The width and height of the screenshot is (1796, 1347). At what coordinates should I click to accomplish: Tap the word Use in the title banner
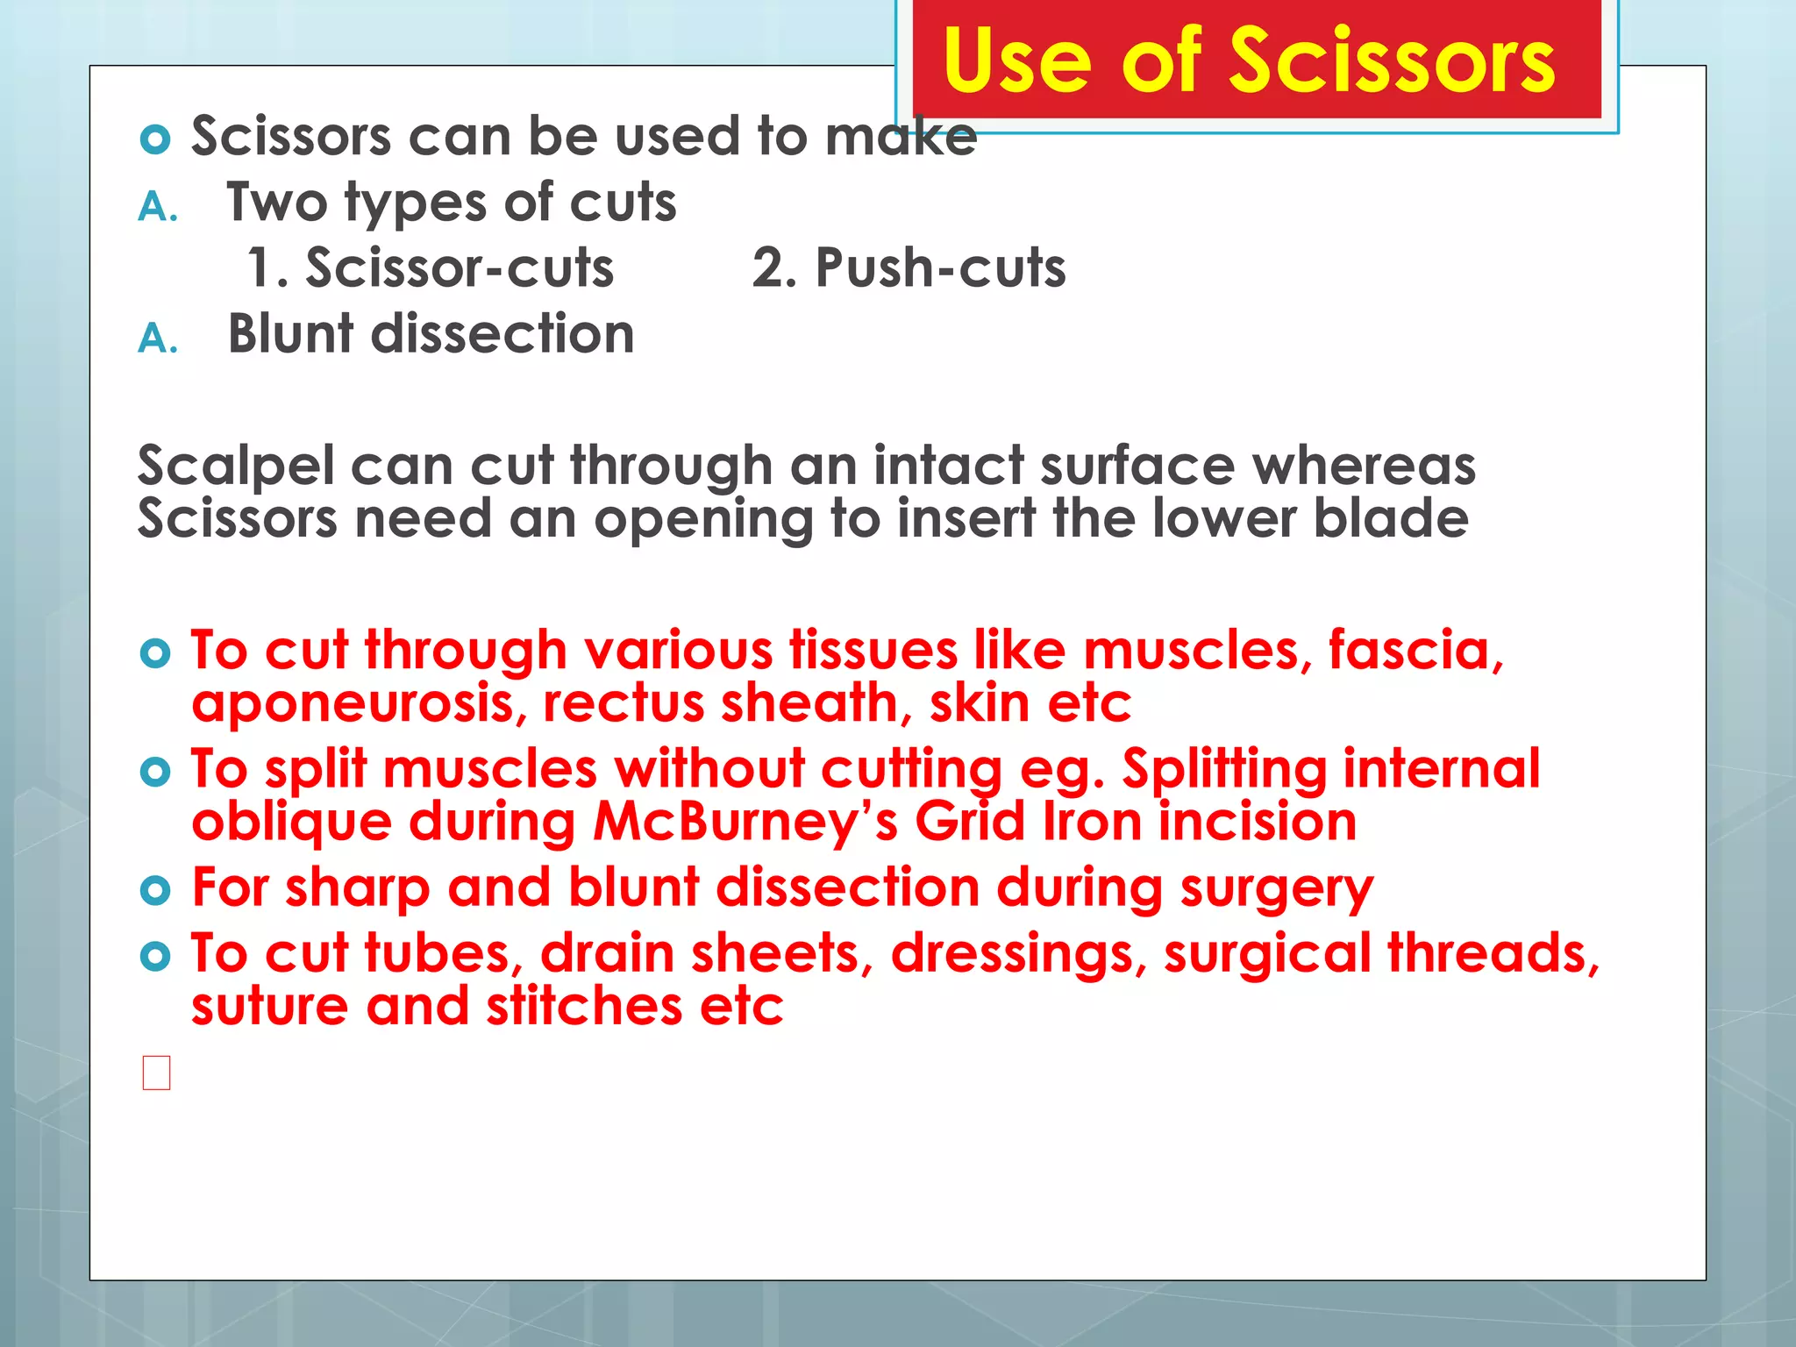(x=1017, y=61)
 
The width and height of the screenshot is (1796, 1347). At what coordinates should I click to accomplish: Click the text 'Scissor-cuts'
(x=459, y=267)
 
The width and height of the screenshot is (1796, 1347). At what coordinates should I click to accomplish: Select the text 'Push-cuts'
(x=940, y=267)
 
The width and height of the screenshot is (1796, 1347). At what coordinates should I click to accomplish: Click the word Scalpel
(x=236, y=466)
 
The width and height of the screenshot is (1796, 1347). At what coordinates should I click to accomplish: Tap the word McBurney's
(x=745, y=823)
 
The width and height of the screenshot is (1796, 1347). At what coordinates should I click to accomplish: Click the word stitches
(x=584, y=1006)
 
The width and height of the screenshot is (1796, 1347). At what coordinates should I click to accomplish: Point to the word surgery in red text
(x=1276, y=888)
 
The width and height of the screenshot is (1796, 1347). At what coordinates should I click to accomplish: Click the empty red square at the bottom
(x=156, y=1073)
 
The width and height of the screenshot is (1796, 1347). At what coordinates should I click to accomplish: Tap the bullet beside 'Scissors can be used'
(x=155, y=139)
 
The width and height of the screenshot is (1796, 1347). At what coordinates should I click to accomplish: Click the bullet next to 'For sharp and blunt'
(x=155, y=891)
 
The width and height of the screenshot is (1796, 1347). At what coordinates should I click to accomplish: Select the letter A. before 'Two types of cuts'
(x=158, y=208)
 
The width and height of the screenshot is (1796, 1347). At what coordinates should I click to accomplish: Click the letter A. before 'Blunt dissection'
(x=158, y=339)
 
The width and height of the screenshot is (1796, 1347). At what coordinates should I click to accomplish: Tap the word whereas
(x=1364, y=466)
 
